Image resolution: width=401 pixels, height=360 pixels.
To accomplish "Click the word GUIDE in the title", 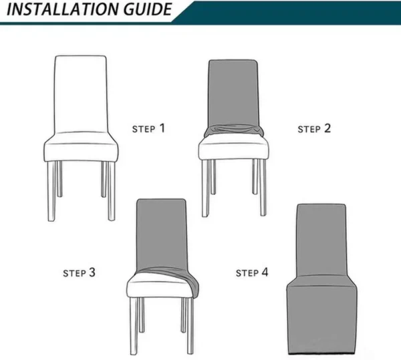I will point(144,10).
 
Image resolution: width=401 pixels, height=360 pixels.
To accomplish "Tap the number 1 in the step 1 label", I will point(161,127).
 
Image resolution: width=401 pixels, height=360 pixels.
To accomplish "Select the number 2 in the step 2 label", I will point(327,127).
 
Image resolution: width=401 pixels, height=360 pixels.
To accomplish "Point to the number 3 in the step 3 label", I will point(92,273).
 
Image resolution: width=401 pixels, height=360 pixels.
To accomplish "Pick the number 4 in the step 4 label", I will point(265,273).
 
